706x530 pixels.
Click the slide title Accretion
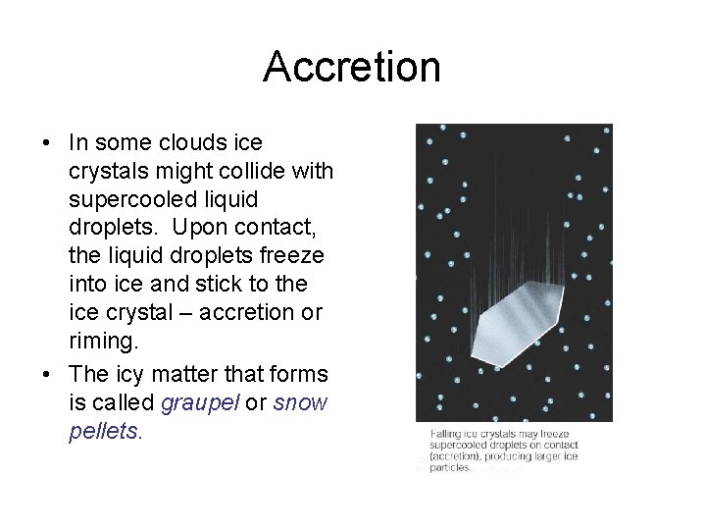(x=352, y=67)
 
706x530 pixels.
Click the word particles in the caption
(x=451, y=468)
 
